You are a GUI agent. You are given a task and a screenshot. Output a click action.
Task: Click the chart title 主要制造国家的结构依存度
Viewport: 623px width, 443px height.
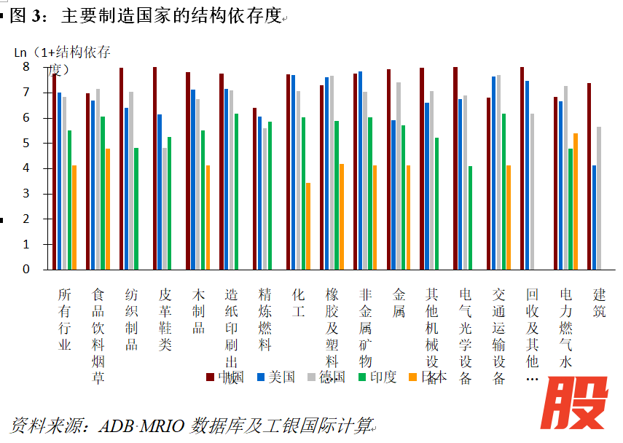tap(172, 16)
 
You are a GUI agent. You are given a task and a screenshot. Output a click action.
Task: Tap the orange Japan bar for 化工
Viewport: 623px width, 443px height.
tap(308, 226)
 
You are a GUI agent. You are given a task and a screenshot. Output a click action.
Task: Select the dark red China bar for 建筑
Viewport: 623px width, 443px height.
tap(589, 176)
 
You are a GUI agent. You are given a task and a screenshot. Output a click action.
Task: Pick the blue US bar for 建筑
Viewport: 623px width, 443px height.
tap(595, 217)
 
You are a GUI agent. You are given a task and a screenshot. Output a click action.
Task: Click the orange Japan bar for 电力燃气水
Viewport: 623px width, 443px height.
tap(576, 201)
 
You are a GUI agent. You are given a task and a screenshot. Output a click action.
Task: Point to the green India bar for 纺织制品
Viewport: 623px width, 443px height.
tap(136, 208)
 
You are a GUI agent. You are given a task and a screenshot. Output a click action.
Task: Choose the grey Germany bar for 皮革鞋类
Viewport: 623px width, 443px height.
tap(165, 208)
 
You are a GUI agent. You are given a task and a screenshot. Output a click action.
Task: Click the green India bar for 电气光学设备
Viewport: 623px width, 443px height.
tap(471, 217)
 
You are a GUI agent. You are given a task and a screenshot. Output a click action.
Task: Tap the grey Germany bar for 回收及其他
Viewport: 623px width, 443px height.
tap(532, 191)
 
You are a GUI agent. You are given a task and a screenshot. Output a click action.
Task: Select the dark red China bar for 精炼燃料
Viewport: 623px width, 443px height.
tap(254, 188)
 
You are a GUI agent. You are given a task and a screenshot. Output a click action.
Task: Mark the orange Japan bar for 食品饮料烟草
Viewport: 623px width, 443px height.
tap(108, 208)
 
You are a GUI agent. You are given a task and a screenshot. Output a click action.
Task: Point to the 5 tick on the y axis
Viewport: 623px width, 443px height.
tap(26, 144)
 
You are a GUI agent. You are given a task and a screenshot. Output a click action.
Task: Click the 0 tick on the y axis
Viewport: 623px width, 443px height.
tap(26, 270)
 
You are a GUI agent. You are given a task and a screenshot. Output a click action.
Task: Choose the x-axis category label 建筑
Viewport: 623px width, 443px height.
tap(600, 304)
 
